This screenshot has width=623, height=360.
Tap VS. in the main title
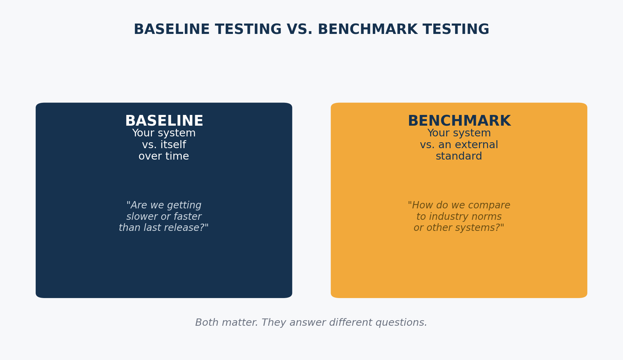[300, 29]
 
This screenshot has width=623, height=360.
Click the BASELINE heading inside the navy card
[164, 121]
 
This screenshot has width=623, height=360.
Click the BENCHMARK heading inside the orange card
[459, 121]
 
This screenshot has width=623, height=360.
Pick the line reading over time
[164, 156]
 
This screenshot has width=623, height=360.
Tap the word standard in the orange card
[459, 156]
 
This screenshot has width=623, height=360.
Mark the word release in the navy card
[187, 228]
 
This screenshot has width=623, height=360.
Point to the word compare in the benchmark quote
[491, 206]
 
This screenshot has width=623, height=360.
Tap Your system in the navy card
[164, 133]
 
